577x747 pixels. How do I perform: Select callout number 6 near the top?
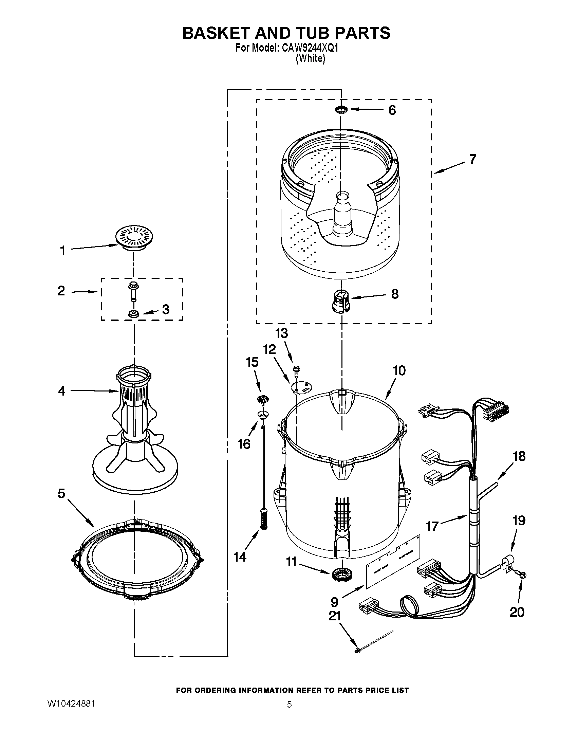pos(392,110)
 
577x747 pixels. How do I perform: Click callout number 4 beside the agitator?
pos(61,390)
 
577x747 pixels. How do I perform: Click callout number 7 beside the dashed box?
pos(472,159)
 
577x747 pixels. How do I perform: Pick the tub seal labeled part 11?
pos(341,573)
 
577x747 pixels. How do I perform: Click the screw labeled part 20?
pos(522,576)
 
